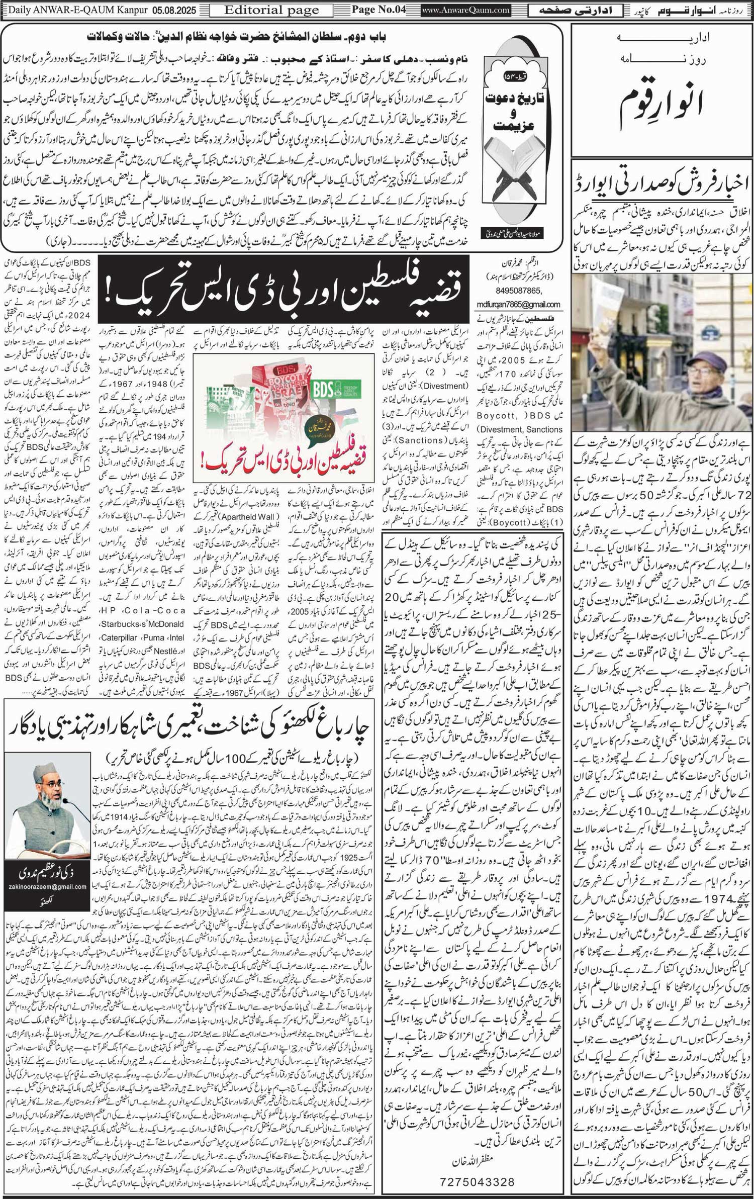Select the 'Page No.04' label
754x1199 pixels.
(x=378, y=10)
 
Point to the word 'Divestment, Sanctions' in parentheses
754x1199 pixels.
(x=520, y=429)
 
